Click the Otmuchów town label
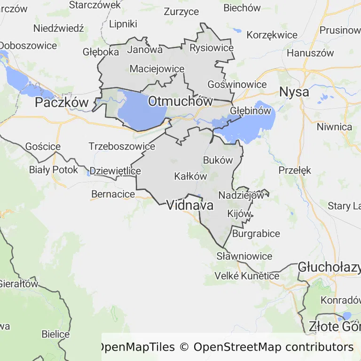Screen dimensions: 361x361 point(180,101)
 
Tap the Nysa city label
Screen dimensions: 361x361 point(294,92)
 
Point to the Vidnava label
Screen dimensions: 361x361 point(190,205)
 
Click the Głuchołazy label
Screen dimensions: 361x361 point(329,267)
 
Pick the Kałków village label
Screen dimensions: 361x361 point(190,176)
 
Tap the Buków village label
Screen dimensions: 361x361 point(218,160)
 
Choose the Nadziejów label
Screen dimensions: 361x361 point(241,195)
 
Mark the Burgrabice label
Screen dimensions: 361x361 point(256,233)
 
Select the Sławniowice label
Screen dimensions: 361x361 point(244,256)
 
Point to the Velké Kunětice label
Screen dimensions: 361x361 point(247,275)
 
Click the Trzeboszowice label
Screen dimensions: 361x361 point(122,146)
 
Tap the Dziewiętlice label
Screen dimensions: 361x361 point(115,171)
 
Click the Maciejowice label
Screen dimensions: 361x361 point(157,69)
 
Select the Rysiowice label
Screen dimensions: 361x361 point(212,48)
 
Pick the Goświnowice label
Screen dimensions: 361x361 point(237,85)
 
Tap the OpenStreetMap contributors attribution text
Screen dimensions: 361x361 point(273,347)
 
